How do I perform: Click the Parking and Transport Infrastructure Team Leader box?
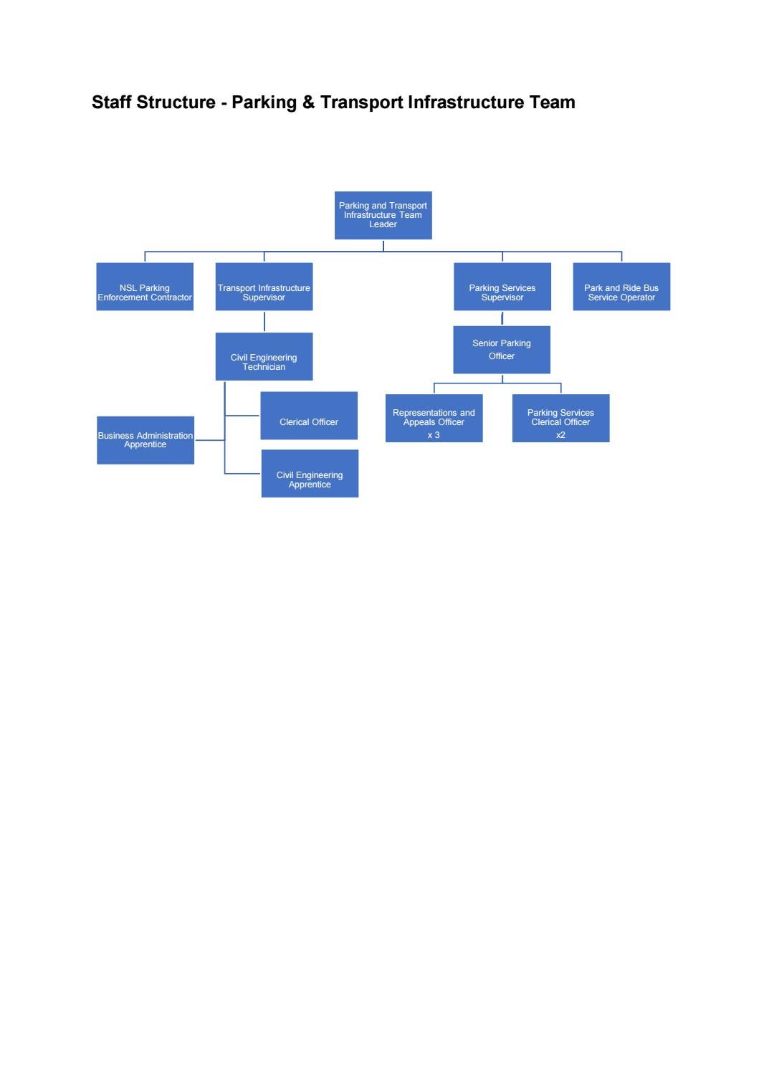click(383, 215)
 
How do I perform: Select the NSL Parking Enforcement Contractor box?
click(145, 287)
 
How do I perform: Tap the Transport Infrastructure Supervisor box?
click(264, 287)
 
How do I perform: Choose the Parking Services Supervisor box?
click(502, 287)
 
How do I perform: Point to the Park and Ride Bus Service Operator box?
click(621, 287)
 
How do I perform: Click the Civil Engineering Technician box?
click(264, 356)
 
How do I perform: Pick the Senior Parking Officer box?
click(502, 350)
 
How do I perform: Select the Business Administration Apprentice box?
click(145, 440)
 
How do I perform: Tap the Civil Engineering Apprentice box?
click(310, 473)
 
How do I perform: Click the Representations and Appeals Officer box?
click(434, 418)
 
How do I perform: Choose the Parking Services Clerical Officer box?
click(560, 418)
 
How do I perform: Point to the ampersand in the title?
click(308, 102)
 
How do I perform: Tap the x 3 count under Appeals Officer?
click(434, 435)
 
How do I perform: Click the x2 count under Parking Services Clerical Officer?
click(560, 435)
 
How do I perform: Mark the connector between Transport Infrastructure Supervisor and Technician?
click(264, 321)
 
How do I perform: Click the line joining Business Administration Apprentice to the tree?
click(210, 440)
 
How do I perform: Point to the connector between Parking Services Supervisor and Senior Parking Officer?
click(502, 318)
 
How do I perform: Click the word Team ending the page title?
click(552, 102)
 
